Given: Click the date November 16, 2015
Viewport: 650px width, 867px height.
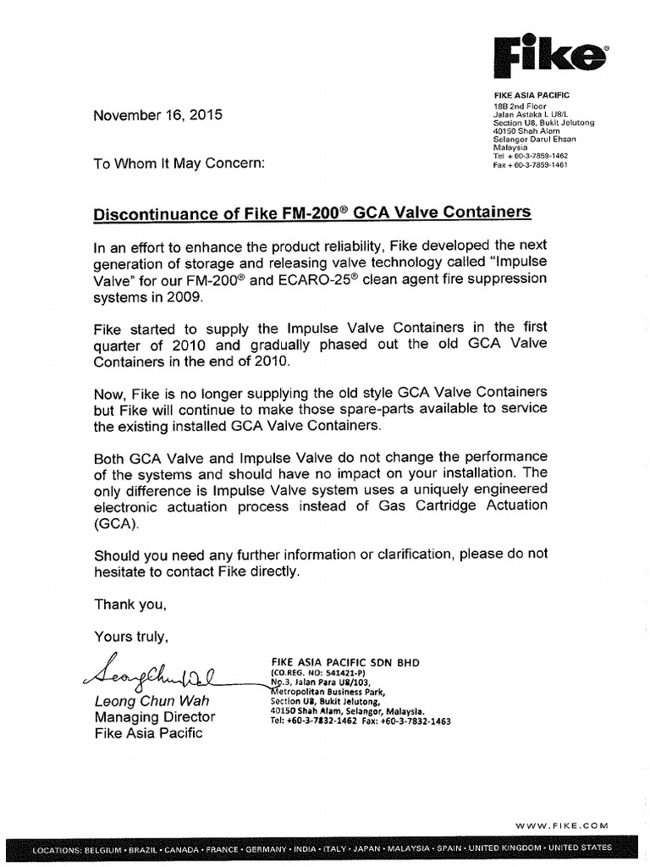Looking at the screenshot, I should (x=158, y=115).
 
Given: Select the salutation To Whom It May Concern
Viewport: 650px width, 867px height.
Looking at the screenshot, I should (x=179, y=163).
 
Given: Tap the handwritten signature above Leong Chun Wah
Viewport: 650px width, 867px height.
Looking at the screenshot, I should (x=149, y=673).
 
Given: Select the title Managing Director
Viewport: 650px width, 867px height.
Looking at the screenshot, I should (x=154, y=717).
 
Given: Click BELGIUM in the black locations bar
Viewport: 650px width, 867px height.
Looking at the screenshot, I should (x=107, y=848).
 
